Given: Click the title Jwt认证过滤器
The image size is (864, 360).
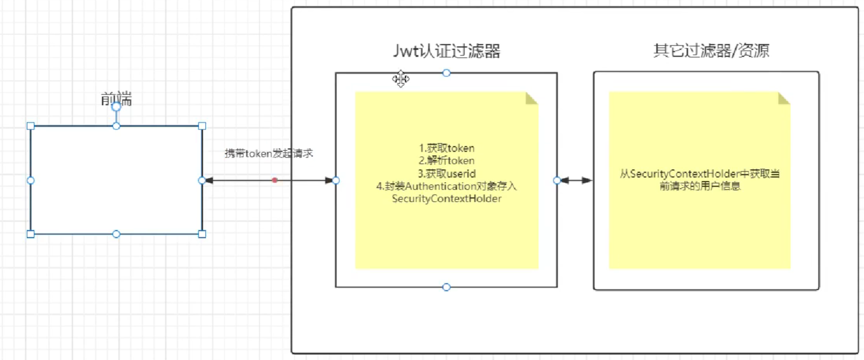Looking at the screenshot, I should (x=447, y=51).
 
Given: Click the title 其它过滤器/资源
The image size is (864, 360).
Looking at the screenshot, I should (x=711, y=51).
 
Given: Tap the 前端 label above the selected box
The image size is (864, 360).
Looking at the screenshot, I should (x=116, y=100).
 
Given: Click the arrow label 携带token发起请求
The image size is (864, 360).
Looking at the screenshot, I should (x=269, y=153).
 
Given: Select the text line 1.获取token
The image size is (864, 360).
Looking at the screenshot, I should (x=447, y=148).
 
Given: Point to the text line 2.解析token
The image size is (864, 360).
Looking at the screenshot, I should (x=447, y=160).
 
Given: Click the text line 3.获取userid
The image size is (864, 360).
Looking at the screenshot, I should (x=447, y=173).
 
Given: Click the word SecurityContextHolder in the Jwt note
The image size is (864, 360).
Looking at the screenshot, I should (x=447, y=198).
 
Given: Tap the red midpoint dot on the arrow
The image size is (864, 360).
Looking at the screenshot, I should (x=274, y=180).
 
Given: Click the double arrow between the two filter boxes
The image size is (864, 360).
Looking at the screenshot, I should (x=576, y=180).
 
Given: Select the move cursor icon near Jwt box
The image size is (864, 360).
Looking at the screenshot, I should (x=400, y=79).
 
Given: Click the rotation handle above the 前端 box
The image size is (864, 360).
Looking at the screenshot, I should (x=116, y=107).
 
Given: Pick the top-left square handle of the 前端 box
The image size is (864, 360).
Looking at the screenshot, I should (x=31, y=126).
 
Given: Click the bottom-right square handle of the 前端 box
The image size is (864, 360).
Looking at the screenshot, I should (x=202, y=234).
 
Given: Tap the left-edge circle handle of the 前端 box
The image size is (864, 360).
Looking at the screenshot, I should (x=31, y=180).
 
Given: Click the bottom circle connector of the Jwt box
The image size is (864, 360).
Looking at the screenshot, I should (x=447, y=287).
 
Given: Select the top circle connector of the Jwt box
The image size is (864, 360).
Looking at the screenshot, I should (x=447, y=73).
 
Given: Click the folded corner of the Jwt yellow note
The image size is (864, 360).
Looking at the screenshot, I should (x=531, y=97).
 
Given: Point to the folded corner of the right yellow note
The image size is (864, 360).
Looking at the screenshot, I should (x=783, y=97).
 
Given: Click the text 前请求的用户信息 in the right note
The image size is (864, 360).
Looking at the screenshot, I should (x=700, y=187).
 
